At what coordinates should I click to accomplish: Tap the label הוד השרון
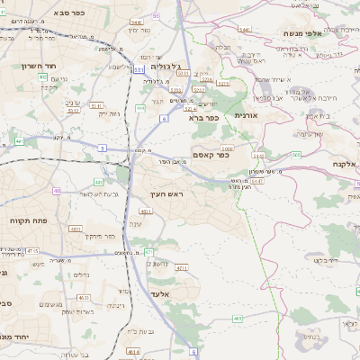(x=40, y=66)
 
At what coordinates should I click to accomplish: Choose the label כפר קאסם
(x=212, y=155)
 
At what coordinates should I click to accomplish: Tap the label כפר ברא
(x=204, y=117)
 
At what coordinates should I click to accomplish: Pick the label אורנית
(x=246, y=115)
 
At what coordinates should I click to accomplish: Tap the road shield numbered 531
(x=138, y=68)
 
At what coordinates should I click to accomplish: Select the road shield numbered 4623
(x=84, y=296)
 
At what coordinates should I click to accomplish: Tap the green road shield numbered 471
(x=148, y=251)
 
